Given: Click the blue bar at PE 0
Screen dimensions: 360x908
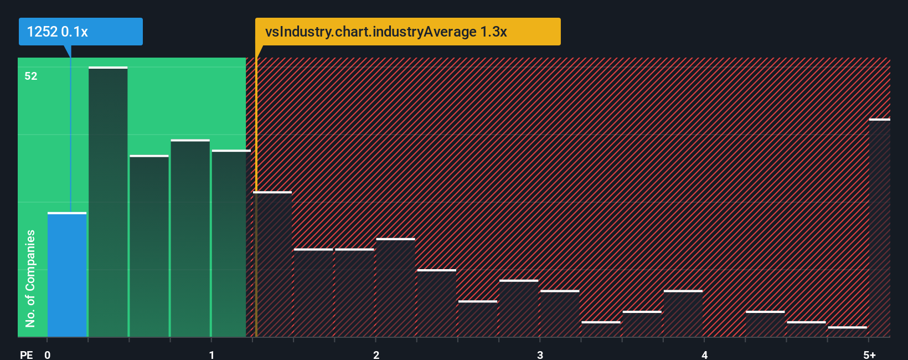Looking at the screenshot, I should click(66, 275).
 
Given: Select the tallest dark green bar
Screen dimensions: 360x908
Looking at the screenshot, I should click(108, 202).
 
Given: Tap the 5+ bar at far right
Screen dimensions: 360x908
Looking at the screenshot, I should click(879, 228).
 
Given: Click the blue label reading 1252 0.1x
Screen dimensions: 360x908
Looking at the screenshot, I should click(81, 32).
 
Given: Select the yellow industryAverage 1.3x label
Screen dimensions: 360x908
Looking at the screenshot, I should click(407, 32).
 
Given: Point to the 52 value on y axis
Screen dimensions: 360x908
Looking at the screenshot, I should click(31, 76).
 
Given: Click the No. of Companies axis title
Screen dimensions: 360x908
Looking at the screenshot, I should click(30, 278).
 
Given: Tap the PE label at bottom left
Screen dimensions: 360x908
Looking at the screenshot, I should click(26, 354).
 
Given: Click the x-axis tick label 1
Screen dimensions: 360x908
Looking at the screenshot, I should click(211, 354).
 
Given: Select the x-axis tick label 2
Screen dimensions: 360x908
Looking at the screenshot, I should click(376, 354).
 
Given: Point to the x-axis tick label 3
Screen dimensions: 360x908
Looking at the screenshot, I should click(540, 354).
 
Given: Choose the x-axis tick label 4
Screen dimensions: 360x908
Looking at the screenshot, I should click(704, 354).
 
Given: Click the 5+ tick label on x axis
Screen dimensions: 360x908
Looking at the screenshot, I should click(869, 354).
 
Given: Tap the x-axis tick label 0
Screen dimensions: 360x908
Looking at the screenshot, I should click(48, 354).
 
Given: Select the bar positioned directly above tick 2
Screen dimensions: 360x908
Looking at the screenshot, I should click(395, 287).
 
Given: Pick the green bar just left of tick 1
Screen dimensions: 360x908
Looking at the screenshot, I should click(190, 238).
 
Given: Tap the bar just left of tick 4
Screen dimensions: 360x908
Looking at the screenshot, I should click(683, 313).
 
